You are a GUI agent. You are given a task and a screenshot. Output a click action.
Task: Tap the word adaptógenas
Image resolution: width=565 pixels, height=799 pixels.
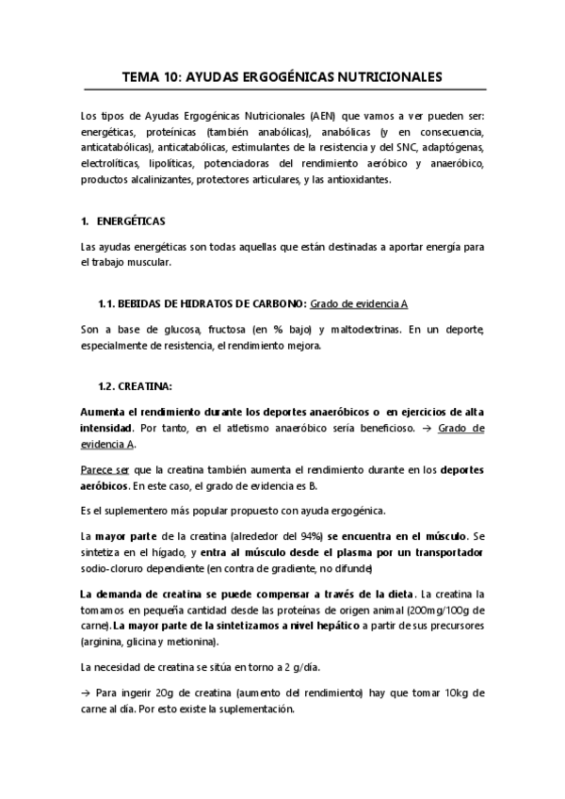tap(451, 148)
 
